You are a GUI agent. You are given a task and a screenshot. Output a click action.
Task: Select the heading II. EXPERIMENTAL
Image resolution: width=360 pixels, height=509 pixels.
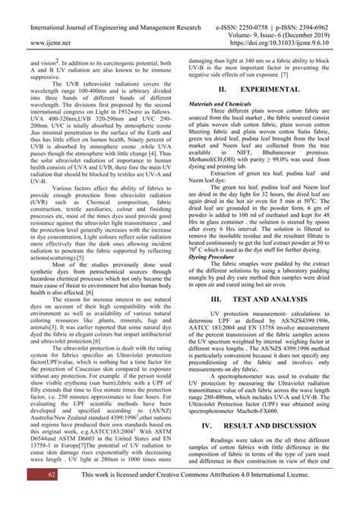(x=258, y=89)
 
